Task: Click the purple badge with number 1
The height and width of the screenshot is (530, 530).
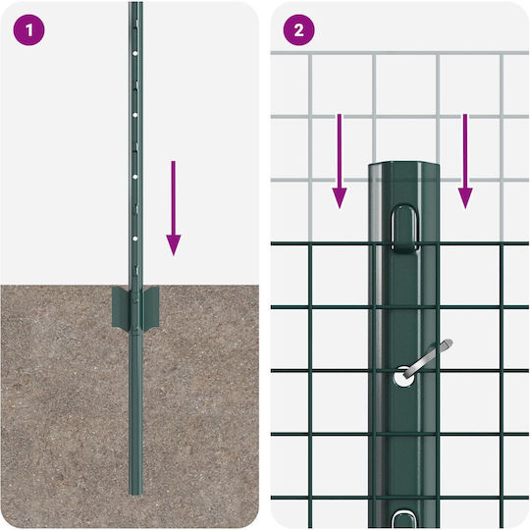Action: coord(28,30)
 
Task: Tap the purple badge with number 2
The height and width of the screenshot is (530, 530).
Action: coord(298,30)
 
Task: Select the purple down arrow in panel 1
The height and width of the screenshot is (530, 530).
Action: coord(174,208)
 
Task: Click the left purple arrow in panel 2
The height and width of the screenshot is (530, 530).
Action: coord(340,161)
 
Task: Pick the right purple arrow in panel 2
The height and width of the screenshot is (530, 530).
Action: coord(465,161)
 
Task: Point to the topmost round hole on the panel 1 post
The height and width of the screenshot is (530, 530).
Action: coord(135,53)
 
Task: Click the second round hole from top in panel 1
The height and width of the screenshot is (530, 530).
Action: coord(135,115)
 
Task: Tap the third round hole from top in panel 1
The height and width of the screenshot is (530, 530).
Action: coord(135,177)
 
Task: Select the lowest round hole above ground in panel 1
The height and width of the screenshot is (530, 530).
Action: coord(135,238)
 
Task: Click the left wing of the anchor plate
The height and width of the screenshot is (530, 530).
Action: coord(120,307)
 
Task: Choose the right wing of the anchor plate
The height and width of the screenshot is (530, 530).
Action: coord(151,307)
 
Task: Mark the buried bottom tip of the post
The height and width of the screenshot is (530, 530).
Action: coord(135,494)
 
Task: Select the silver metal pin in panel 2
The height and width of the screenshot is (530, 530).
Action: coord(428,359)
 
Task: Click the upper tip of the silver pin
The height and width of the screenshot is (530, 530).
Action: coord(450,343)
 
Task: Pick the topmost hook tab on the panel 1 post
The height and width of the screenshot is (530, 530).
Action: coord(136,25)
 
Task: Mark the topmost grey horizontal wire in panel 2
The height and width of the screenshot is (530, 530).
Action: coord(399,53)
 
